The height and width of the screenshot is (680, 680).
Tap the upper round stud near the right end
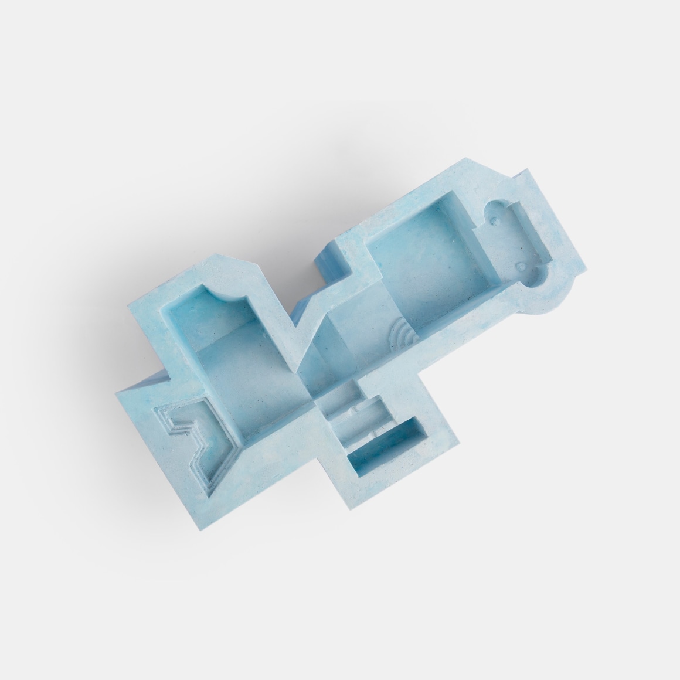(x=498, y=222)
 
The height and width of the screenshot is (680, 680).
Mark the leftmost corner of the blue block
(x=118, y=392)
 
